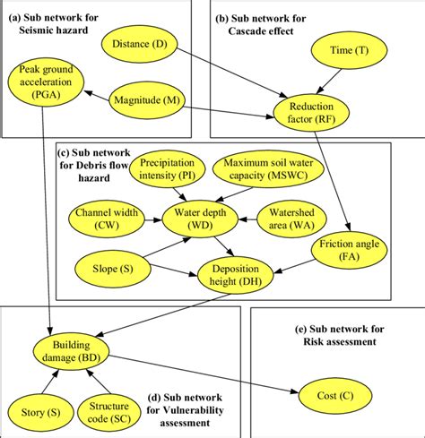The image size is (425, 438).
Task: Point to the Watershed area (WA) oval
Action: (x=291, y=217)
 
